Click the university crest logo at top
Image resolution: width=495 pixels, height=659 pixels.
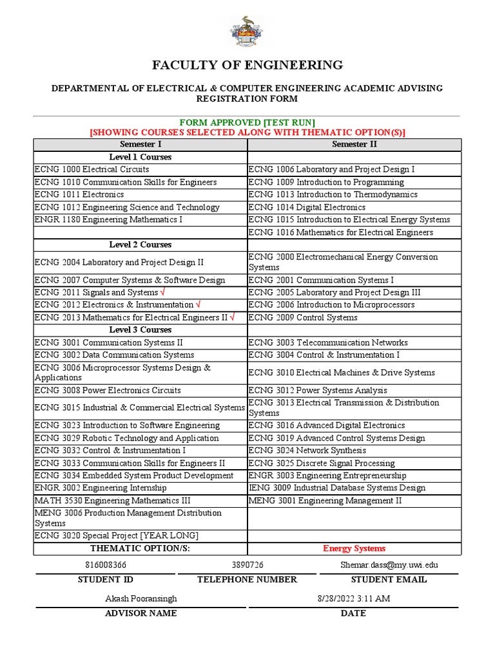click(247, 32)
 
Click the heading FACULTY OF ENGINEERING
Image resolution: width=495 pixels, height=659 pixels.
click(247, 65)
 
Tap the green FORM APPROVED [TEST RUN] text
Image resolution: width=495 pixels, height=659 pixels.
click(247, 122)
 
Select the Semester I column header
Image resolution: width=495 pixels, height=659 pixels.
click(141, 144)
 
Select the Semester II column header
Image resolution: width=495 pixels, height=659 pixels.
click(354, 144)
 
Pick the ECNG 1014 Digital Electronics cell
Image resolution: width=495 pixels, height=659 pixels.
click(307, 207)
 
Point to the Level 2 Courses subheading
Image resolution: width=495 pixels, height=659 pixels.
click(141, 245)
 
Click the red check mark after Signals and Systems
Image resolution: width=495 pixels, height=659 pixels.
click(162, 292)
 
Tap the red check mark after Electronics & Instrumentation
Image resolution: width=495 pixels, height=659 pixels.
click(198, 304)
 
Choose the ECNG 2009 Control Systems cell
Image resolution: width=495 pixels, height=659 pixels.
click(303, 317)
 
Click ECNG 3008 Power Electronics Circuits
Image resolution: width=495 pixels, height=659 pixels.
click(108, 390)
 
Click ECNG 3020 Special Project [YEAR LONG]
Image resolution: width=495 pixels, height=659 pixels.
click(116, 535)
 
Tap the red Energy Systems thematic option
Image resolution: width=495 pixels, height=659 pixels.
click(354, 548)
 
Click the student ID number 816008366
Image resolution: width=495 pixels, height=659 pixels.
click(106, 564)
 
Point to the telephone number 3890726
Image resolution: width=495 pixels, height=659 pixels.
click(247, 564)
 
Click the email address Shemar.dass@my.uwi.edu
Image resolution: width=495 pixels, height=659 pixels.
click(389, 564)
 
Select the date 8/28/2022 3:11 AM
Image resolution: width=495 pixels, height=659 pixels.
click(354, 599)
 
